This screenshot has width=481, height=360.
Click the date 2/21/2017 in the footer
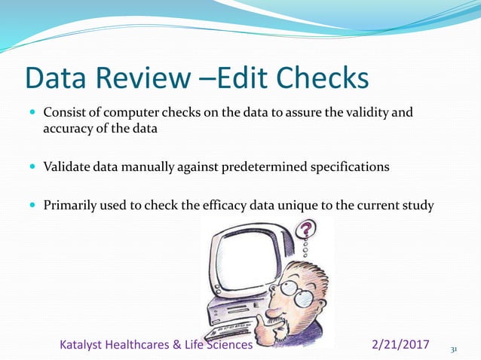401,345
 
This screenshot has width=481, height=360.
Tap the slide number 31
454,349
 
